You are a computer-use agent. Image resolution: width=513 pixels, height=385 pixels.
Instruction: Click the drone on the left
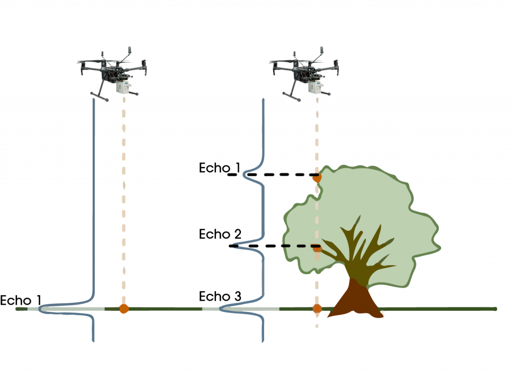[111, 70]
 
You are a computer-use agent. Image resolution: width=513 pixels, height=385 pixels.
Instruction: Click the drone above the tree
[304, 70]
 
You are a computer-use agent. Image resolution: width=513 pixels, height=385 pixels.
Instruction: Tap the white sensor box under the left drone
[122, 87]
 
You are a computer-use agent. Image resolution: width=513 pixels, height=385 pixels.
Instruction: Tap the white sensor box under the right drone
[314, 87]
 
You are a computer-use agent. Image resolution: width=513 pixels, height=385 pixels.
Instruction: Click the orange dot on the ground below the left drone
[124, 309]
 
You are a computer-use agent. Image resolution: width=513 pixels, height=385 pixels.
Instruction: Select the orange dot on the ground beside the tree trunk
[317, 309]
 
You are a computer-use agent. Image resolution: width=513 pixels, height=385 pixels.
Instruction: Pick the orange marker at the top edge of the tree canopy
[316, 177]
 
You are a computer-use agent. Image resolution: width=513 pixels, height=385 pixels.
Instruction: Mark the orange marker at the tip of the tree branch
[317, 249]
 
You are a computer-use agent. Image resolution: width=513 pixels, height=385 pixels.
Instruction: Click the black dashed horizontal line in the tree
[301, 246]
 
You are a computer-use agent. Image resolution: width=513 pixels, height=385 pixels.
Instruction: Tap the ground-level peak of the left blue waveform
[43, 309]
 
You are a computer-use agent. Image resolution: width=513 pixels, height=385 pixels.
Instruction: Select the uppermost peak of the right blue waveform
[244, 175]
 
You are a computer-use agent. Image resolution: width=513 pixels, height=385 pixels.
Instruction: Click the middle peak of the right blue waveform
[234, 245]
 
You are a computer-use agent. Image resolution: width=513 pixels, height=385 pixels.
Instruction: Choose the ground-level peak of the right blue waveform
[222, 309]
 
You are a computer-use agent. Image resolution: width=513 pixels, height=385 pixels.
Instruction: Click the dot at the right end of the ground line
[495, 309]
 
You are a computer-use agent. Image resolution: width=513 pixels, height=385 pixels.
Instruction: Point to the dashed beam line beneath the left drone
[124, 201]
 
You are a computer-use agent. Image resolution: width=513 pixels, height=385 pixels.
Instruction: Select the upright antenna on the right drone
[321, 52]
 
